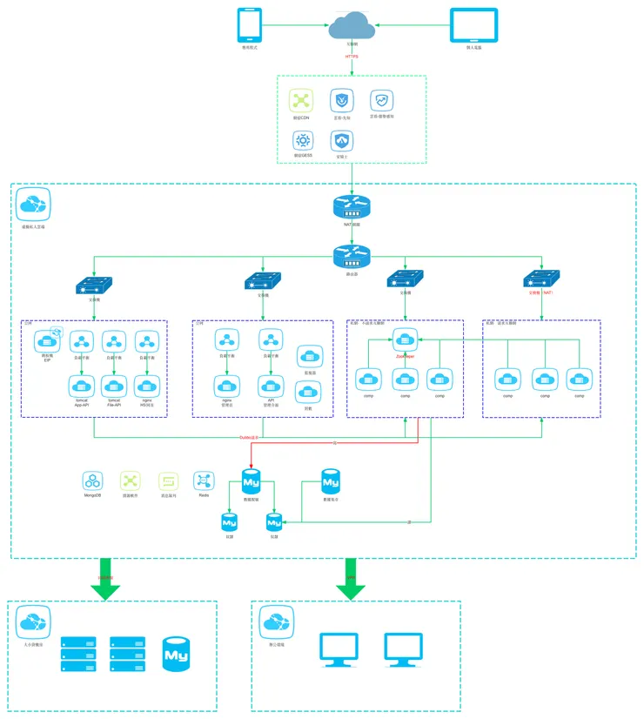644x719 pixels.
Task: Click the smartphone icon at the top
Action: (251, 25)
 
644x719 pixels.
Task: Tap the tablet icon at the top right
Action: (474, 25)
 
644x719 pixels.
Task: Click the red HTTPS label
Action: (352, 57)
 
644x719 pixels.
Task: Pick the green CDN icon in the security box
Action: (301, 100)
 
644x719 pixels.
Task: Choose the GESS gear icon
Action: (302, 140)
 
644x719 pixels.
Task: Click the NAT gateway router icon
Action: (352, 207)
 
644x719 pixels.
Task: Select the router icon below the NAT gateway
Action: (352, 256)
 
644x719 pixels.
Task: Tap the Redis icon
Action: (204, 480)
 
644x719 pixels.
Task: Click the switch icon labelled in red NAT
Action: (541, 280)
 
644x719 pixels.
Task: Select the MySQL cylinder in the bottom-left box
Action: (177, 654)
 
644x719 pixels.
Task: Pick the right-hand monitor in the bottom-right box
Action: (403, 649)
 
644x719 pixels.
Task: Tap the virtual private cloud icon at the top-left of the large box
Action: (34, 205)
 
